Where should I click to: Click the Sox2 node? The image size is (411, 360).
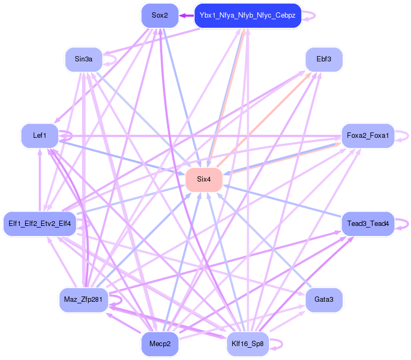click(160, 15)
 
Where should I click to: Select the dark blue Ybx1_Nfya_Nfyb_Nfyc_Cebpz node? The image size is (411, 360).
click(247, 15)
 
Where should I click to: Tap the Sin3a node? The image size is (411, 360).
click(83, 59)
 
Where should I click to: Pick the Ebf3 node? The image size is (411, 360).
click(323, 59)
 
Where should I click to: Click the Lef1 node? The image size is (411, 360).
click(39, 136)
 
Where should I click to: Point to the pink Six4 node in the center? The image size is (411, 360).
click(203, 179)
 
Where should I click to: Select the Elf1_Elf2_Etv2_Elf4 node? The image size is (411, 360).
click(39, 223)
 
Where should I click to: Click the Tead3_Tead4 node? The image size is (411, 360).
click(368, 223)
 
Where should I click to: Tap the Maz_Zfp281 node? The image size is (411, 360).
click(83, 300)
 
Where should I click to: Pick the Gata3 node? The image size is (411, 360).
click(323, 300)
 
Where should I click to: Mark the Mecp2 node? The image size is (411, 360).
click(160, 343)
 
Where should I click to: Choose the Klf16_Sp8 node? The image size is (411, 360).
click(247, 343)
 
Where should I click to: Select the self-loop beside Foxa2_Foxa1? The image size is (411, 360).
click(404, 136)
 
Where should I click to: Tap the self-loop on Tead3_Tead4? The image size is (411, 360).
click(403, 223)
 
